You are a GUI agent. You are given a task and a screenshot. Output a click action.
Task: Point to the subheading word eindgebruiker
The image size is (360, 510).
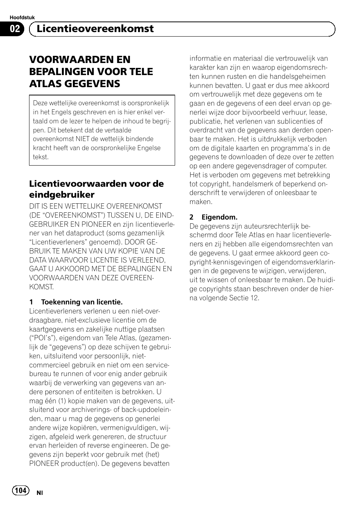click(x=62, y=195)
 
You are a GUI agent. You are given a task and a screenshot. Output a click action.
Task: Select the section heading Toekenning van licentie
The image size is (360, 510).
click(x=82, y=302)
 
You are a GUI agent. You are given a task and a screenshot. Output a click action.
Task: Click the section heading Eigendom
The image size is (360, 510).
click(x=219, y=217)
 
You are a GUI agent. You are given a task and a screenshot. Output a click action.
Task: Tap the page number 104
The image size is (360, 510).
click(x=20, y=490)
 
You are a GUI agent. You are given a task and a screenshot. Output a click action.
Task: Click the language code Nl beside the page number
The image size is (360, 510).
click(x=40, y=493)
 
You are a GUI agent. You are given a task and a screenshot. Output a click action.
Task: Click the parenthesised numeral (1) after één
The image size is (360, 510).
click(x=63, y=401)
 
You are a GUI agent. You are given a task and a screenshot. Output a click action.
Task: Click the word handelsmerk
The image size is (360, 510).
click(x=250, y=184)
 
